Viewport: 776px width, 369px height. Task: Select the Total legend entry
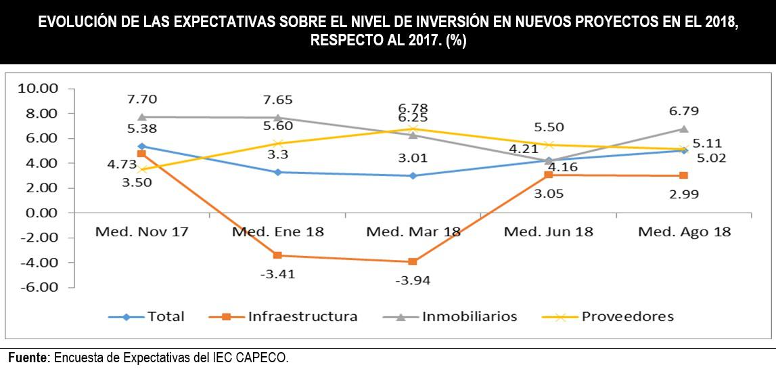pos(166,316)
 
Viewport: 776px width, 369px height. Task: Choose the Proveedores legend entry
pos(627,316)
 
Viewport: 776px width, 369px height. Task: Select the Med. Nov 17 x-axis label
pos(141,232)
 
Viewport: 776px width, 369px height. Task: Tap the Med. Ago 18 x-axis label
pos(684,232)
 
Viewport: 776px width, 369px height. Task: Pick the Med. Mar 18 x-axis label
pos(413,232)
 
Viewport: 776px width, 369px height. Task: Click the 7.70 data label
pos(142,100)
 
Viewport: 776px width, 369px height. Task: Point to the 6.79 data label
pos(684,111)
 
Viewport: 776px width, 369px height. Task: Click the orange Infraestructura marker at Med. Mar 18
pos(413,261)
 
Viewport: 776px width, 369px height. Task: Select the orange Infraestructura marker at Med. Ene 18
pos(277,255)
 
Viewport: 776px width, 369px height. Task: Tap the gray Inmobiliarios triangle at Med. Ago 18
pos(684,129)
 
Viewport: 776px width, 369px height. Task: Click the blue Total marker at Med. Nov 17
pos(142,146)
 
